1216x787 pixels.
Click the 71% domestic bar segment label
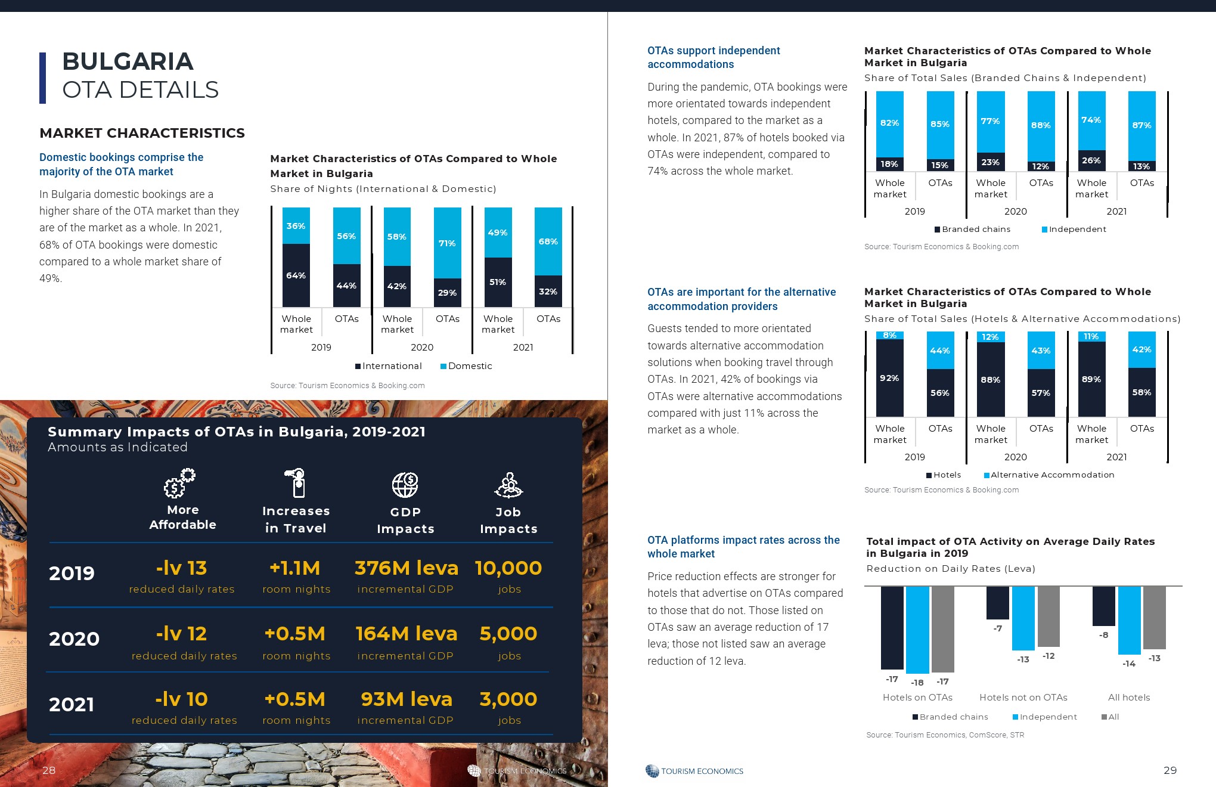pos(447,243)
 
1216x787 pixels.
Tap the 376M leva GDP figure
pos(407,568)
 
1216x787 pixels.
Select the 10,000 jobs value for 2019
pos(508,568)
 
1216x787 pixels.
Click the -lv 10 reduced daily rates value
pos(181,699)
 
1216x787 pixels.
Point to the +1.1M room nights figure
pos(295,568)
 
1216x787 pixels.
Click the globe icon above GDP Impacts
pos(405,485)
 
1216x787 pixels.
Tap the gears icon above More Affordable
pos(179,483)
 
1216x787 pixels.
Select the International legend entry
pos(389,366)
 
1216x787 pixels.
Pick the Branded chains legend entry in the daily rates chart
pos(950,717)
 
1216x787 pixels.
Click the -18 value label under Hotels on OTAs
pos(917,683)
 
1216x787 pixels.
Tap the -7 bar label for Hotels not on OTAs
pos(997,628)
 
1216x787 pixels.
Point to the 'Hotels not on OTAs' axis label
pos(1023,698)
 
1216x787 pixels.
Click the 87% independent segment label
pos(1141,125)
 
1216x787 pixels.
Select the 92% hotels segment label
pos(889,378)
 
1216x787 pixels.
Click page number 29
pos(1170,770)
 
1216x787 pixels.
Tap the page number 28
pos(49,770)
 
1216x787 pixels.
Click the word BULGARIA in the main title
pos(128,61)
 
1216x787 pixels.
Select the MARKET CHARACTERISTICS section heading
pos(142,133)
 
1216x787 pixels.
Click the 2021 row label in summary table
pos(72,705)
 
